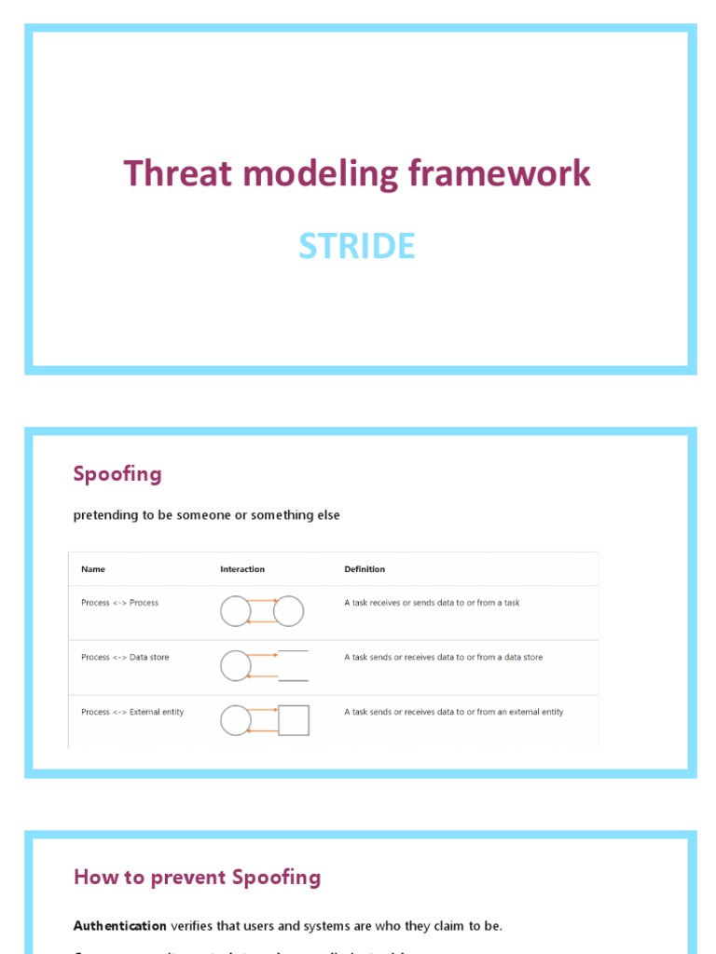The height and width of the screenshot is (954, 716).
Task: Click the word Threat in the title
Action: point(162,174)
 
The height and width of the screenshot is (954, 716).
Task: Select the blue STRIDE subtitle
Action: point(357,246)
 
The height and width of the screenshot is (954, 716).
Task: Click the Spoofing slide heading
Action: point(117,473)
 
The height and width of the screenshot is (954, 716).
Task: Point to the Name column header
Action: point(93,569)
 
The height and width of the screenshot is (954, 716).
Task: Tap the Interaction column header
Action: point(242,569)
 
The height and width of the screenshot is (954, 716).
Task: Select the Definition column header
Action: point(365,569)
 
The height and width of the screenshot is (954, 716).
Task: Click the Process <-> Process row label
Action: point(119,603)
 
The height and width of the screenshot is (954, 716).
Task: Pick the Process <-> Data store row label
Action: point(125,658)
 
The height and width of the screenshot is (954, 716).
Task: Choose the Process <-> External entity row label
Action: point(132,712)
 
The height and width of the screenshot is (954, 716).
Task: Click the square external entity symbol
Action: point(294,720)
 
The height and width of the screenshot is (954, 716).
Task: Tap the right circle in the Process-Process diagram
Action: point(289,611)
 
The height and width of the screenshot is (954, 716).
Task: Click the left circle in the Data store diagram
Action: point(236,665)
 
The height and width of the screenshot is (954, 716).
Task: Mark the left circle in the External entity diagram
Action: point(236,720)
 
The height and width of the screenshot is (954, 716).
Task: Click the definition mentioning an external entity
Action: point(453,712)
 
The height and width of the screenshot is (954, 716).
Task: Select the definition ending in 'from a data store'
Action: point(443,658)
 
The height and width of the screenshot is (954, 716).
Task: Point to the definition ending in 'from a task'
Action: point(432,603)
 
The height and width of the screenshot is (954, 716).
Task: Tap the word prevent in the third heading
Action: point(183,877)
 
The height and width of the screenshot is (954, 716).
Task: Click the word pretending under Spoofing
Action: point(105,515)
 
